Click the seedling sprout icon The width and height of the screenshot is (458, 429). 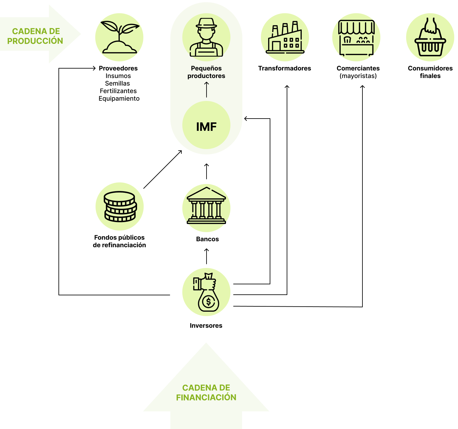pos(119,37)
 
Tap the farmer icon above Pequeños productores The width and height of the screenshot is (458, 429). pos(206,37)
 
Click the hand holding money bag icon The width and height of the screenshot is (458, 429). pos(206,292)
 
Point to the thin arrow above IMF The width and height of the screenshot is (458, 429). pos(207,90)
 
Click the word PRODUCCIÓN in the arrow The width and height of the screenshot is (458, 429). pos(35,41)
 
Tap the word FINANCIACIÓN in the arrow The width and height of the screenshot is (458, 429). pos(206,398)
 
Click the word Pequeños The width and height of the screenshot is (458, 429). pos(206,68)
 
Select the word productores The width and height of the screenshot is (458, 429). pos(206,76)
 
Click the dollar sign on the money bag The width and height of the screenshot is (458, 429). pos(208,302)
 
